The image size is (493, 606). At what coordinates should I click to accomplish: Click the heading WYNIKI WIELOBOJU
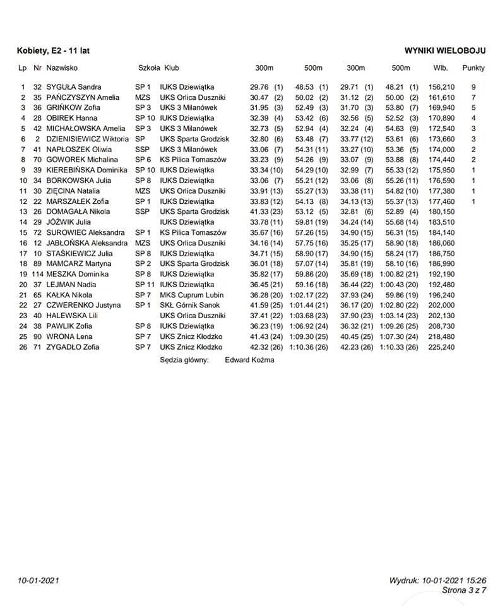tap(445, 50)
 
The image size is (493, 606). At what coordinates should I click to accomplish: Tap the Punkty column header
tap(473, 68)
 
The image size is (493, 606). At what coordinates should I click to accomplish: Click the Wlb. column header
tap(441, 68)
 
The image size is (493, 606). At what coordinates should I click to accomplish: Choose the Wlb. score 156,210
tap(441, 87)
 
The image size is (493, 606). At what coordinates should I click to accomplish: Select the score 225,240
tap(441, 347)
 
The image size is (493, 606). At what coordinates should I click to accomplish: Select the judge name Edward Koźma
tap(249, 360)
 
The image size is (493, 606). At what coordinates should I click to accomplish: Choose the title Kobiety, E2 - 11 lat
tap(49, 50)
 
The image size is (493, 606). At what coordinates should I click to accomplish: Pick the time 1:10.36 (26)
tap(309, 347)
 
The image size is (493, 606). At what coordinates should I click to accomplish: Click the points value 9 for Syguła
tap(473, 87)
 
